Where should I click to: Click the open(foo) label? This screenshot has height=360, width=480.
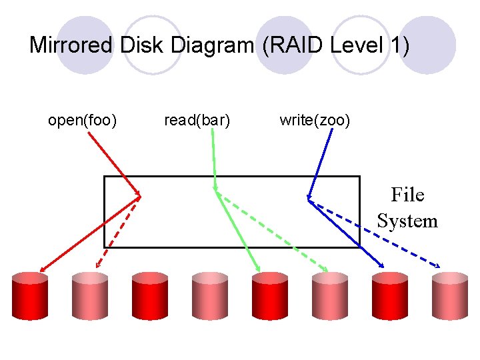[83, 120]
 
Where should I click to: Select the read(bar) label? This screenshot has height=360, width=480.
[197, 120]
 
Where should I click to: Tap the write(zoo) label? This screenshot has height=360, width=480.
[315, 120]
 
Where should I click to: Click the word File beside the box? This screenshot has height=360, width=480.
[407, 195]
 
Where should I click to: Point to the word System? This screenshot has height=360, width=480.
[407, 221]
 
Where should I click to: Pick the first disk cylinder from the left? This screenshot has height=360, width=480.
[30, 296]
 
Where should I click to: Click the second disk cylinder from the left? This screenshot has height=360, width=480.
[90, 296]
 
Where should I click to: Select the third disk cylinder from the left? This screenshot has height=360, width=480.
[150, 296]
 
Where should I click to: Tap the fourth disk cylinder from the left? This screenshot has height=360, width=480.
[210, 296]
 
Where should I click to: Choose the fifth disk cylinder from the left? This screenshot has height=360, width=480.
[270, 296]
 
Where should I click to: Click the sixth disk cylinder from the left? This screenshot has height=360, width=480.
[330, 296]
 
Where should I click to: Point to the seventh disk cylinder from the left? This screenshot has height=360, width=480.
[390, 296]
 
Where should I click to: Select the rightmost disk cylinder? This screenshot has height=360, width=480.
[449, 296]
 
